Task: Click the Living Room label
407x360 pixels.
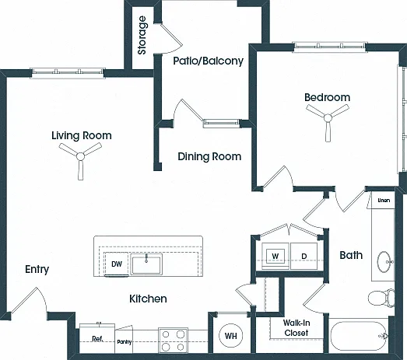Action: tap(82, 135)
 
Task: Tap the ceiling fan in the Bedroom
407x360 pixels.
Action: tap(328, 118)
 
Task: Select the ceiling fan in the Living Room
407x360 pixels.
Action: tap(80, 156)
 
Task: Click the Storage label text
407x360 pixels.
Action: tap(142, 35)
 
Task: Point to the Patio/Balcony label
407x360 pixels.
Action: tap(209, 61)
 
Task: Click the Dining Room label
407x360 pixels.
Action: tap(209, 156)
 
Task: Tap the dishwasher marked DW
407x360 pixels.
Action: tap(117, 264)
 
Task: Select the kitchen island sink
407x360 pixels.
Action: tap(146, 264)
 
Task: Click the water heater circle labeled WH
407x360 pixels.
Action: tap(231, 336)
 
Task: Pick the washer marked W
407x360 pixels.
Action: tap(275, 257)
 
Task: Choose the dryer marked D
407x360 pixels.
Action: tap(303, 257)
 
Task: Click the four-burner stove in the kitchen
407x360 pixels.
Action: tap(173, 341)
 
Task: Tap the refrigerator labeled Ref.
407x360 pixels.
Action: tap(97, 338)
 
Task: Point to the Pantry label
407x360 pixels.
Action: tap(124, 342)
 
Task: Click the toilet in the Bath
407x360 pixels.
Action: tap(381, 298)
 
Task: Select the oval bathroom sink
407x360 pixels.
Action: tap(384, 262)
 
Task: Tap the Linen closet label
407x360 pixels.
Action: tap(384, 201)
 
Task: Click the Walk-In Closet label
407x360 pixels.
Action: tap(296, 328)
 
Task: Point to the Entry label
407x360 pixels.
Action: tap(37, 270)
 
